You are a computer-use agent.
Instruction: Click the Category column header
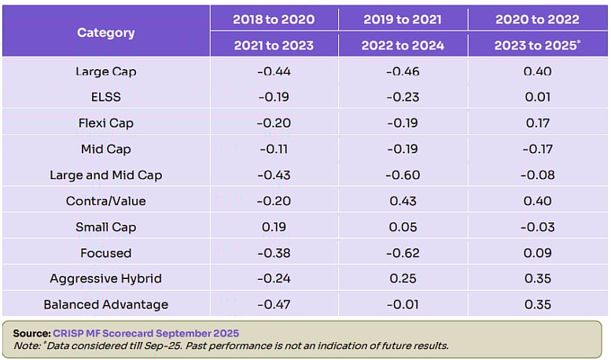pos(105,32)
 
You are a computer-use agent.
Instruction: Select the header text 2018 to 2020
pos(274,19)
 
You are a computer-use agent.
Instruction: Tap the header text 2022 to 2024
pos(402,46)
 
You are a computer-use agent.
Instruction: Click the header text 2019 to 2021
pos(402,19)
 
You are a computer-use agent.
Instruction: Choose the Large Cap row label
pos(105,72)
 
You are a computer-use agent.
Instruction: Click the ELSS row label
pos(105,97)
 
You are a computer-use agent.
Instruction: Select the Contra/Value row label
pos(105,201)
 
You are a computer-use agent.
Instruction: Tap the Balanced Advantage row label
pos(105,304)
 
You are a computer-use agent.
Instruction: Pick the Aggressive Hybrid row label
pos(105,278)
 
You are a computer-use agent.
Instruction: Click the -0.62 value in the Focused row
pos(402,253)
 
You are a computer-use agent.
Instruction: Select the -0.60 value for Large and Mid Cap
pos(402,175)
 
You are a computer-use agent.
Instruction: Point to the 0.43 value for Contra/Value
pos(402,201)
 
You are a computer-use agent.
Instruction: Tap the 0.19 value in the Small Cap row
pos(274,227)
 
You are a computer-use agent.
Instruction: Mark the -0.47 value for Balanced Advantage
pos(274,304)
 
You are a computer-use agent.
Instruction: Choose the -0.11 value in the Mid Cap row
pos(274,149)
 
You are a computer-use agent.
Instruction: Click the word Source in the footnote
pos(31,333)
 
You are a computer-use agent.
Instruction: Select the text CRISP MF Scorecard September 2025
pos(146,333)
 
